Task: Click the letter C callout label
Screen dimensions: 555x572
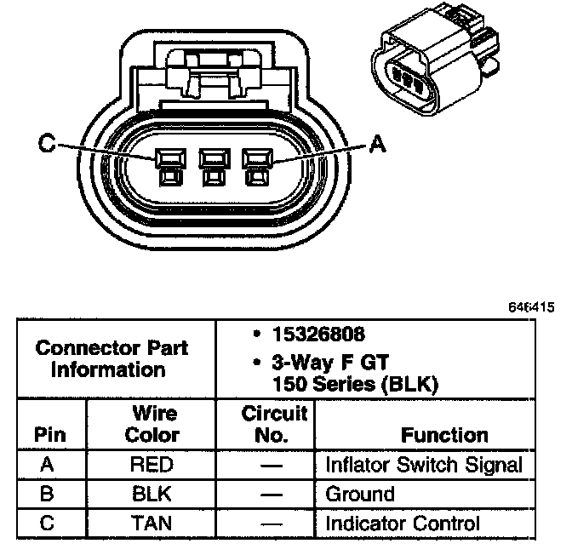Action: coord(46,145)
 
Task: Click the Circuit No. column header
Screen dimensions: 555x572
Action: coord(274,424)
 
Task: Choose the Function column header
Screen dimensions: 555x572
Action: coord(444,435)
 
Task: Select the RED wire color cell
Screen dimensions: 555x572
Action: coord(152,465)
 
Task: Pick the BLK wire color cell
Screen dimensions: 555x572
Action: coord(152,494)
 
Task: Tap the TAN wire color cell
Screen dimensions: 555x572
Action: coord(152,524)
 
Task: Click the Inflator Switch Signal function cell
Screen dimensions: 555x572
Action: coord(424,465)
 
